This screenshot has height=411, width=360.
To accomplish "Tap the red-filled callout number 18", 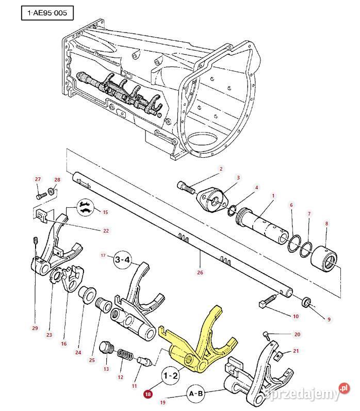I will click(x=149, y=393).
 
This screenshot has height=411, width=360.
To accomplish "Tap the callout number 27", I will click(x=38, y=179).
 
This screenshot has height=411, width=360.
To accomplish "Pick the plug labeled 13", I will click(x=107, y=348).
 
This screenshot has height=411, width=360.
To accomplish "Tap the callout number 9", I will click(x=329, y=320).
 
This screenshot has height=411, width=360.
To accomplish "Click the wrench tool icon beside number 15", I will click(x=86, y=208).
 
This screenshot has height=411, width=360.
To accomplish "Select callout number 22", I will click(x=106, y=230).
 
